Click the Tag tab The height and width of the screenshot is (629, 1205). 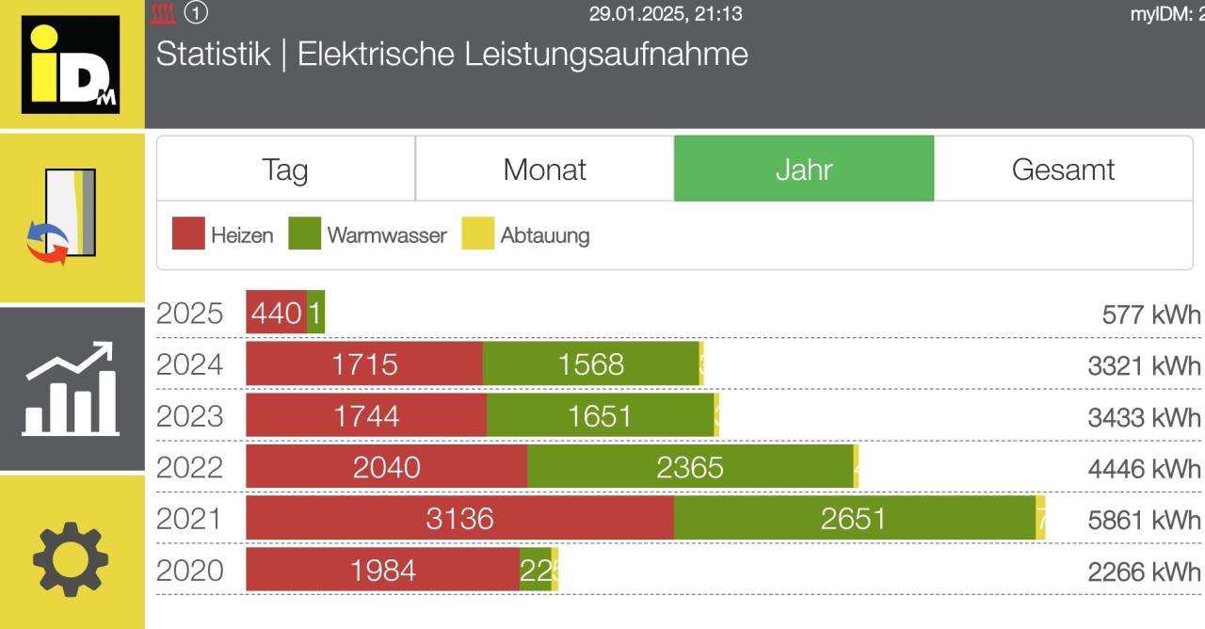coord(285,169)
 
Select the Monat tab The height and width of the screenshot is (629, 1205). coord(544,169)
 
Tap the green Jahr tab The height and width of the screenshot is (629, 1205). coord(804,169)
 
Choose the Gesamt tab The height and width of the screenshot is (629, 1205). coord(1063,169)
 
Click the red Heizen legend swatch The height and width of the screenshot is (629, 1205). coord(188,234)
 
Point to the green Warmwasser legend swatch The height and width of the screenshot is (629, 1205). coord(305,234)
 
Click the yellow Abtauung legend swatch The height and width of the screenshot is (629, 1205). coord(478,234)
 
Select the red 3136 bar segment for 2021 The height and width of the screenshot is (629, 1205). coord(459,519)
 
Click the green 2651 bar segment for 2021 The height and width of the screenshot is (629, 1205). coord(854,519)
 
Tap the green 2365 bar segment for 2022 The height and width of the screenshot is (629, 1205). coord(690,467)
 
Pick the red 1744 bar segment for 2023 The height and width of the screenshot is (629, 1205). coord(366,415)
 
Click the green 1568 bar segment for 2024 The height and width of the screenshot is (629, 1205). coord(590,364)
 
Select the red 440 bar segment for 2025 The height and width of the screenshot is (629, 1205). coord(276,313)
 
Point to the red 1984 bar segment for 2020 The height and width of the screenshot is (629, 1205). coord(382,571)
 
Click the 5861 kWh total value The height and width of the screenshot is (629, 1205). coord(1144,520)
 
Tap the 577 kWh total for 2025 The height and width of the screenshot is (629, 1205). coord(1151,314)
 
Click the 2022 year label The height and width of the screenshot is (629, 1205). coord(190,467)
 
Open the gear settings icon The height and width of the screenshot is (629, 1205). coord(72,559)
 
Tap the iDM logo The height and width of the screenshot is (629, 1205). coord(72,64)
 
